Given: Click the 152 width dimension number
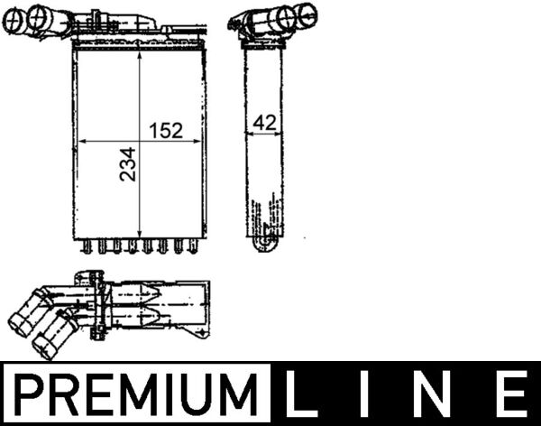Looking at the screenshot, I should [x=165, y=130].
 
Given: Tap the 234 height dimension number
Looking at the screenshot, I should [x=127, y=164].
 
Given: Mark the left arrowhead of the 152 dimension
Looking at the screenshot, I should [x=81, y=142].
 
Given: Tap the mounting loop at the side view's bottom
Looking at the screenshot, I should [x=262, y=244].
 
